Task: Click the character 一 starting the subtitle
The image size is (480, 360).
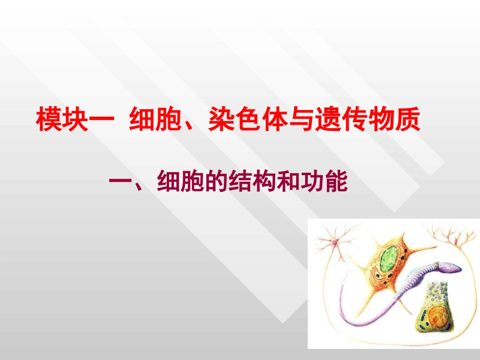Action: (x=120, y=182)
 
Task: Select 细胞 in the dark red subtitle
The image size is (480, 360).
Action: (x=177, y=182)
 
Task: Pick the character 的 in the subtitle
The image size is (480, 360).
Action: (x=215, y=182)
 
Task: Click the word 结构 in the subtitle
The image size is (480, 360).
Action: (x=253, y=182)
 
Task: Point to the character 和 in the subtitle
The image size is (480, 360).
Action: (x=291, y=182)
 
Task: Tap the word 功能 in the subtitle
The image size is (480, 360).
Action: (x=328, y=182)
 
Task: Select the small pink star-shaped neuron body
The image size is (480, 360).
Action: (x=334, y=243)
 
